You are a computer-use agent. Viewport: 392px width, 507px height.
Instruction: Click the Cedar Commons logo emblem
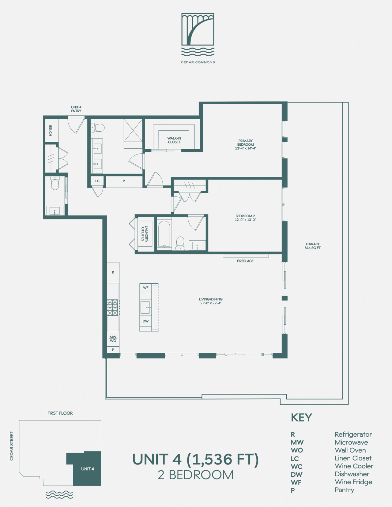198,35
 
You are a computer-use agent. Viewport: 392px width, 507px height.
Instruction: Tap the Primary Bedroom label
246,144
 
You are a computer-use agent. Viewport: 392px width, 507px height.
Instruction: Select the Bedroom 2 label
245,218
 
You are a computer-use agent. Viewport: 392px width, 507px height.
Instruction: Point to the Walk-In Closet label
174,140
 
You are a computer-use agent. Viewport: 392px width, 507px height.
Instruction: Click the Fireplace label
245,261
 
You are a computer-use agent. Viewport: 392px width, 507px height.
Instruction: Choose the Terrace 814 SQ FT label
312,246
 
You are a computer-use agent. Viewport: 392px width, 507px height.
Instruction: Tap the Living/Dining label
211,301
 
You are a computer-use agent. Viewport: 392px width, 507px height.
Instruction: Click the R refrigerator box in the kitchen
113,273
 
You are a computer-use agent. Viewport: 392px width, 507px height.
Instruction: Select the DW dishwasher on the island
146,321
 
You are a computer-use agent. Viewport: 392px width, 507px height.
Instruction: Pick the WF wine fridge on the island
146,288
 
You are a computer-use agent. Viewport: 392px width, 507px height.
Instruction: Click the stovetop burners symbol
113,308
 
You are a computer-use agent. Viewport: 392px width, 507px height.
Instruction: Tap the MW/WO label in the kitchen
113,339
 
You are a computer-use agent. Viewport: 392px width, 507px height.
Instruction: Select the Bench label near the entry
51,130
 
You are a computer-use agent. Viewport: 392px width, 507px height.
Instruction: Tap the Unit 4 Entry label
76,109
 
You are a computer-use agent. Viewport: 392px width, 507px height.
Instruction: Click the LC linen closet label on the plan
97,181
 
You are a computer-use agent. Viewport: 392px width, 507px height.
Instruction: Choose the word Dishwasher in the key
352,474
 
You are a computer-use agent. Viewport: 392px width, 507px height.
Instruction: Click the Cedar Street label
11,446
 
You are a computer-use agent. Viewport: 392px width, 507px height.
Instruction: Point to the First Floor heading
60,413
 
